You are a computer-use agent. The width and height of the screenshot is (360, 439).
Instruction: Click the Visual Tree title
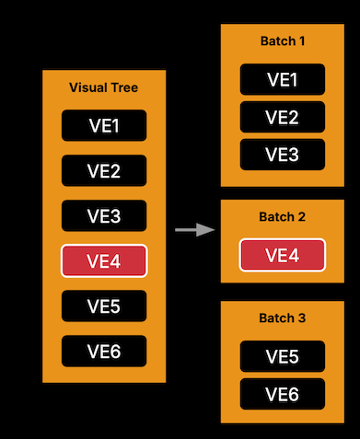pos(104,87)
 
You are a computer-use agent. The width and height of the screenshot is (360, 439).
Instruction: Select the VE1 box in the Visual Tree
pos(104,125)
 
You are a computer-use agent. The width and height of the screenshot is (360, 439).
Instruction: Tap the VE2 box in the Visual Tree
pos(104,170)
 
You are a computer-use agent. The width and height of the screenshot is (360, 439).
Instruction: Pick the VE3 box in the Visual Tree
pos(104,215)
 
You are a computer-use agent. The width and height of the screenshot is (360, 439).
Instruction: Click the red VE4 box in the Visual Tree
pos(104,260)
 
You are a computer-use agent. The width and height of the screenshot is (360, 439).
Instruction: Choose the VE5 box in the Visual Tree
pos(104,305)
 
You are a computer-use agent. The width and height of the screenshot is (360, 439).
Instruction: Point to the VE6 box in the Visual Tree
pos(104,350)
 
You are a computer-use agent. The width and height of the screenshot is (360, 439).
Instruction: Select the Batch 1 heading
pos(282,42)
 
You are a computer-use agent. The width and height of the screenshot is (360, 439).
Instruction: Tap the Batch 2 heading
pos(282,217)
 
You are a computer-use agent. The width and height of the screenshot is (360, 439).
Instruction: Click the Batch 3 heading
pos(282,318)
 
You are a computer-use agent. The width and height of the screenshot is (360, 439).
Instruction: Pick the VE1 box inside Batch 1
pos(282,79)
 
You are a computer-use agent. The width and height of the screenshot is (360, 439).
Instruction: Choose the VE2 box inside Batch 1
pos(282,117)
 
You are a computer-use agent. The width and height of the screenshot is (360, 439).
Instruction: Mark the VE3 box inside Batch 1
pos(282,155)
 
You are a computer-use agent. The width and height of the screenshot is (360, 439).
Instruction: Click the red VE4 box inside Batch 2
pos(282,255)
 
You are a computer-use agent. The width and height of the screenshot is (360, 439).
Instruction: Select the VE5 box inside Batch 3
pos(282,356)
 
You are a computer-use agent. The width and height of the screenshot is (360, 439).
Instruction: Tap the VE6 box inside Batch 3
pos(282,394)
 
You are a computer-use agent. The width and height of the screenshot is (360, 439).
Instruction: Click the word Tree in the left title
pos(124,87)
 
